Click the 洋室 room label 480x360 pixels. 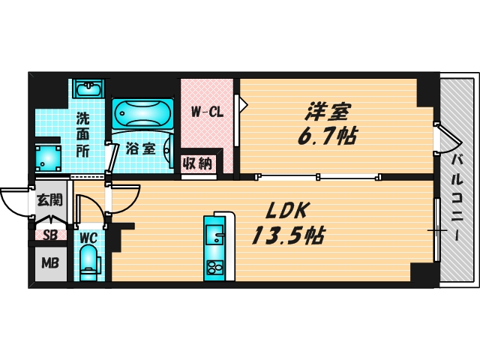click(x=328, y=112)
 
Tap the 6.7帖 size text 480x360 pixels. click(x=327, y=137)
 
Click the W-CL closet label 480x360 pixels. click(x=206, y=113)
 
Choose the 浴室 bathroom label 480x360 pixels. click(x=141, y=148)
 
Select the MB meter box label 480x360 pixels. click(x=49, y=263)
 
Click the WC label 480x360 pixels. click(x=88, y=238)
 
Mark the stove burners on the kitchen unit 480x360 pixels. click(x=213, y=268)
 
